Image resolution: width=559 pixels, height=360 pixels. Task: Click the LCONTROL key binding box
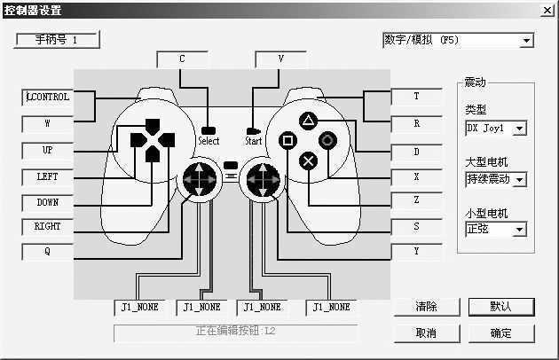(x=48, y=98)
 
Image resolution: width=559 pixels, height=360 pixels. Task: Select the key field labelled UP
(x=48, y=150)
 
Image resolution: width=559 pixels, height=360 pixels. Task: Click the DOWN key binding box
(x=48, y=202)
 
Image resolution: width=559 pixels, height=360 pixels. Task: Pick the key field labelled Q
(x=48, y=251)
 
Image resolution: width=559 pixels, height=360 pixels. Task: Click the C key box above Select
(x=182, y=59)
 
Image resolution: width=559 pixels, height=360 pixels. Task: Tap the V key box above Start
(x=280, y=59)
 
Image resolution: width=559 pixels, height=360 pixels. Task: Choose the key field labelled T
(x=416, y=97)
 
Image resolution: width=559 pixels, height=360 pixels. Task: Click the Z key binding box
(x=416, y=201)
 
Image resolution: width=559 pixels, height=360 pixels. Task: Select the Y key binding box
(x=416, y=252)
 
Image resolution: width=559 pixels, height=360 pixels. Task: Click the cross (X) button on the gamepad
(x=308, y=160)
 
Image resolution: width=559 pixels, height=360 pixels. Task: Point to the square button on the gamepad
(x=287, y=140)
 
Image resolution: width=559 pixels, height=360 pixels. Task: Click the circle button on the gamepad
(x=327, y=140)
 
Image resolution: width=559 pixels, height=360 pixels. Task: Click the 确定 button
(x=500, y=333)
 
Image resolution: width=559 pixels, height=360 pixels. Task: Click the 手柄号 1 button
(x=58, y=40)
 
